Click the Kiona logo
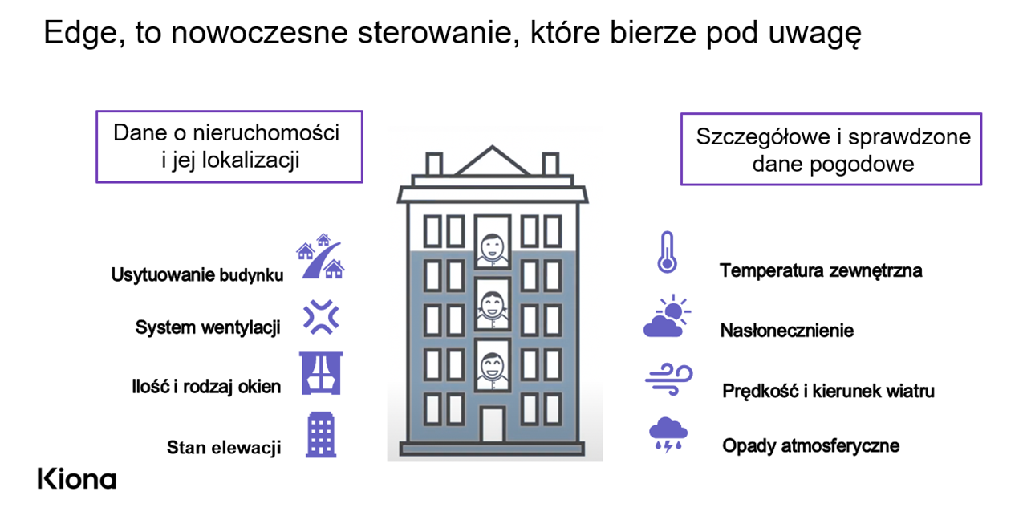click(x=76, y=479)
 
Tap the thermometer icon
click(x=667, y=252)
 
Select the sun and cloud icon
click(x=667, y=316)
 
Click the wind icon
click(x=669, y=380)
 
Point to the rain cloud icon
click(x=668, y=435)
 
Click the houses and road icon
click(x=320, y=256)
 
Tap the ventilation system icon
click(x=321, y=317)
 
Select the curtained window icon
click(x=321, y=373)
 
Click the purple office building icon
click(x=321, y=435)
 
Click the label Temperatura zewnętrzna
click(x=821, y=270)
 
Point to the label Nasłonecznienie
click(x=787, y=330)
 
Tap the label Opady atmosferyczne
click(x=810, y=445)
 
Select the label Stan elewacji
click(x=224, y=448)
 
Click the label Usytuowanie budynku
click(x=197, y=274)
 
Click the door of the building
click(x=493, y=425)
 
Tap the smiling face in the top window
click(x=493, y=247)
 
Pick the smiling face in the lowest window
click(x=492, y=367)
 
